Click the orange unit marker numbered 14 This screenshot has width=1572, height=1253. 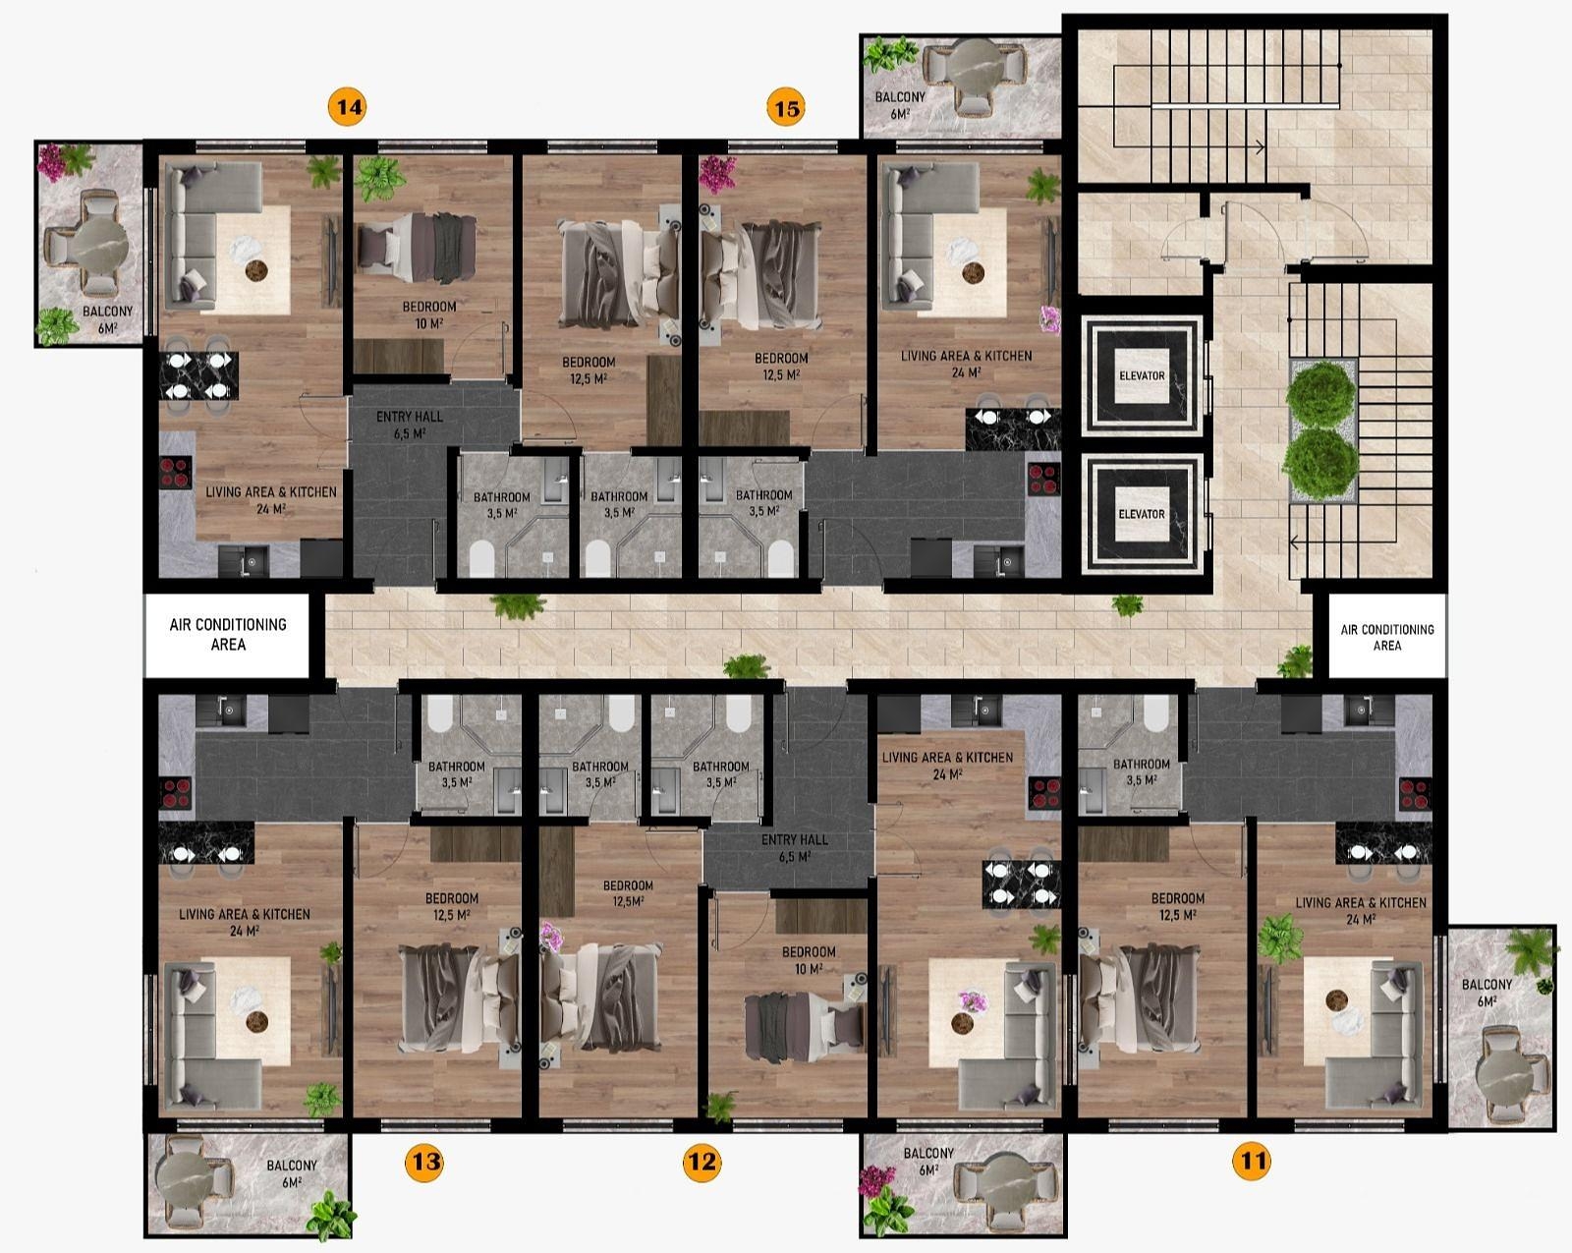tap(347, 107)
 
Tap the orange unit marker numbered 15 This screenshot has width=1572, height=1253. tap(786, 108)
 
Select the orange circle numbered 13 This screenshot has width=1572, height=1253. tap(424, 1161)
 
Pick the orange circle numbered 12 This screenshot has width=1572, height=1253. tap(702, 1161)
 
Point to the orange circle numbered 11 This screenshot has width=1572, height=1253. tap(1252, 1161)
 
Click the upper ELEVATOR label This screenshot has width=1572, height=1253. tap(1142, 375)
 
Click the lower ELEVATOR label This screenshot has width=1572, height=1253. tap(1142, 514)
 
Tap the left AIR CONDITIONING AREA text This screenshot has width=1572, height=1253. tap(228, 634)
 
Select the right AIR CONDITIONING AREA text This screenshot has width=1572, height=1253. tap(1386, 637)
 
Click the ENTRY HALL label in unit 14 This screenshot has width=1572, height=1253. tap(409, 425)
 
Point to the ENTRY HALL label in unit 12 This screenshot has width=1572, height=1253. tap(794, 847)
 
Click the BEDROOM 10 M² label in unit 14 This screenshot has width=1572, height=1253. tap(428, 314)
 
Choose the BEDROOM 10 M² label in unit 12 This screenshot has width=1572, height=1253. tap(808, 960)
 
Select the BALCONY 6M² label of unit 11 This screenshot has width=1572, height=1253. tap(1487, 993)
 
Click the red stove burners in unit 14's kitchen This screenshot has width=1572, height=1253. tap(175, 472)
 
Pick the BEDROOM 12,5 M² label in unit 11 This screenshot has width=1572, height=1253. tap(1178, 906)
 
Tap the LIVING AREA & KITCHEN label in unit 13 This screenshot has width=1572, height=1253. tap(244, 922)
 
